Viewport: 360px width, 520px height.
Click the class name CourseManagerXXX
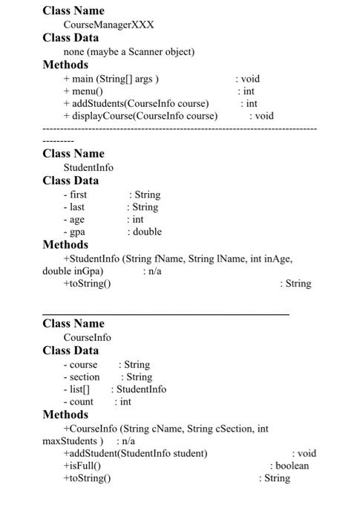point(108,25)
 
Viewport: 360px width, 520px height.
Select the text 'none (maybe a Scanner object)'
point(128,52)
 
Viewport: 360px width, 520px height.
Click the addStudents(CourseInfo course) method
point(136,104)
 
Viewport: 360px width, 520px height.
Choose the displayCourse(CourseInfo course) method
point(140,116)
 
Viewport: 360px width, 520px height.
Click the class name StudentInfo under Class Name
point(88,168)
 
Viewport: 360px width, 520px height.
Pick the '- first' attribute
point(75,195)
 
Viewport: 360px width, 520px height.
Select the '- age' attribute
point(73,220)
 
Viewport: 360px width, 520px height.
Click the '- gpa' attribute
point(74,232)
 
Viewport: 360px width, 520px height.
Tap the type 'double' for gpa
point(147,232)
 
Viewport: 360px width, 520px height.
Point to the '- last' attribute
point(73,207)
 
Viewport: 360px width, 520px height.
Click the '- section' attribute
point(82,377)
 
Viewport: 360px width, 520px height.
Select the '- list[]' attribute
point(76,389)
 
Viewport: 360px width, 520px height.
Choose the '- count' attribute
point(79,402)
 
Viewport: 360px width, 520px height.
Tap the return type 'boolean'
point(292,466)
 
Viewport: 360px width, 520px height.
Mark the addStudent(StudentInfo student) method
point(135,453)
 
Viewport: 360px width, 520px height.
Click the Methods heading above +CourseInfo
point(65,415)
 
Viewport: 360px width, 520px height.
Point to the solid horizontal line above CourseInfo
point(166,315)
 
